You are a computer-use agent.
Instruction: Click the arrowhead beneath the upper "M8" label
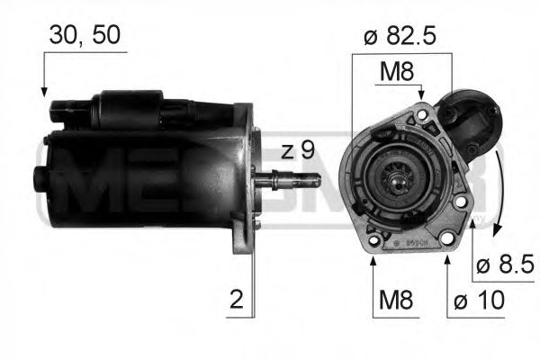coord(420,94)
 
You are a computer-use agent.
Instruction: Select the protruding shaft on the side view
coord(293,179)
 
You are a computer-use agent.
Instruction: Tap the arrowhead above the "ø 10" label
coord(447,262)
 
